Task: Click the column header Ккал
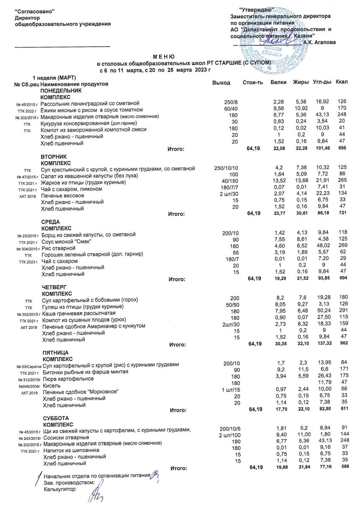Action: pyautogui.click(x=341, y=82)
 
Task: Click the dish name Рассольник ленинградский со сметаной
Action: pyautogui.click(x=90, y=103)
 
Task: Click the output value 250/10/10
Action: pyautogui.click(x=227, y=168)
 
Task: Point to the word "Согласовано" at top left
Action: pyautogui.click(x=35, y=10)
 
